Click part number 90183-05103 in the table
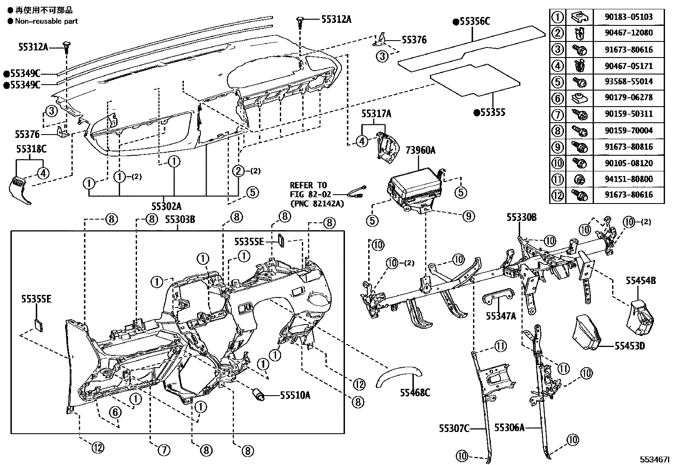click(x=629, y=17)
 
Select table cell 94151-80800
click(x=629, y=179)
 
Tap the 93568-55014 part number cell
click(x=629, y=81)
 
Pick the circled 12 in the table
click(x=558, y=195)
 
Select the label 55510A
click(x=295, y=395)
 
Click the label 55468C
click(x=415, y=393)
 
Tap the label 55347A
click(x=501, y=316)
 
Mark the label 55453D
click(x=629, y=346)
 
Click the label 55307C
click(x=454, y=428)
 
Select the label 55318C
click(x=31, y=149)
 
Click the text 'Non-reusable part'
click(x=47, y=21)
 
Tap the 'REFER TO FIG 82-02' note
click(x=309, y=194)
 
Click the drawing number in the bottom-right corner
click(x=655, y=459)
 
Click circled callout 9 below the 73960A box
click(x=468, y=216)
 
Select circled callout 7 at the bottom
click(x=164, y=451)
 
